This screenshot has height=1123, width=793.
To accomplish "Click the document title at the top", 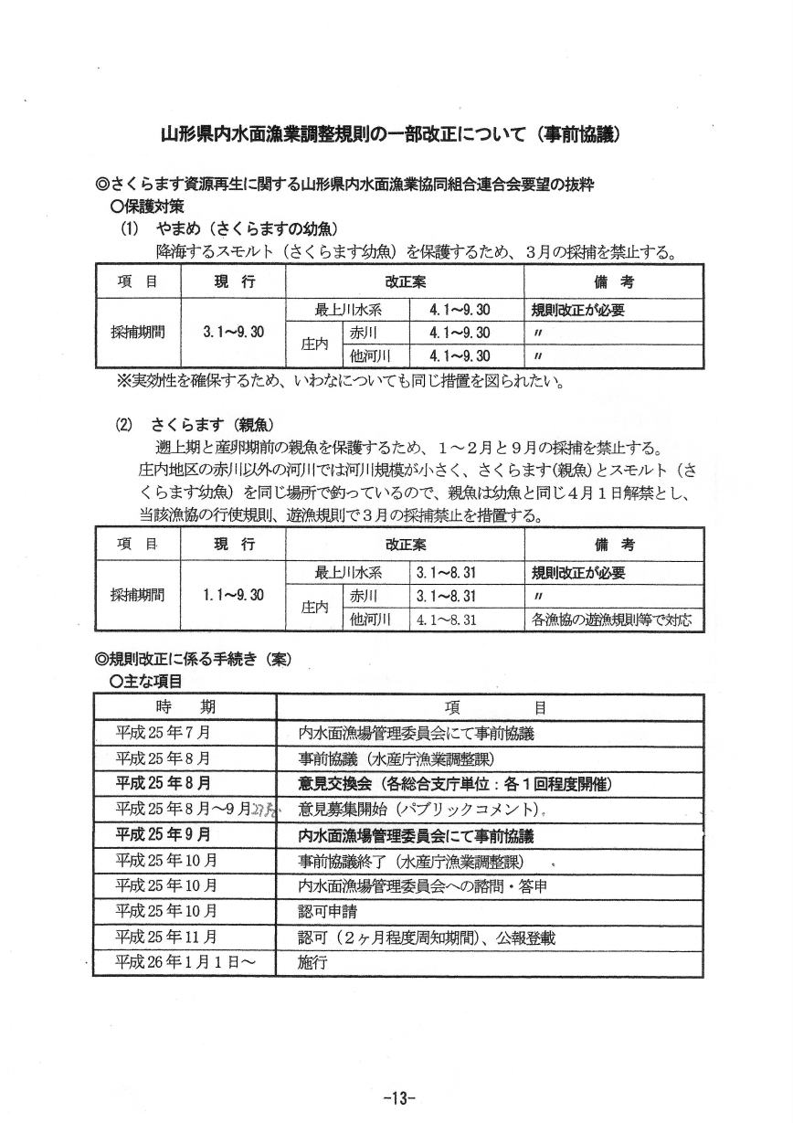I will pyautogui.click(x=391, y=134).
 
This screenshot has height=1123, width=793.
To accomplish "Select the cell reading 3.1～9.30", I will pyautogui.click(x=233, y=332).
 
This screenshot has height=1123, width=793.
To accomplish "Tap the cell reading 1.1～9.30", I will pyautogui.click(x=233, y=595).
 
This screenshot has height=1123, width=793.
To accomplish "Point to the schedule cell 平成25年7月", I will pyautogui.click(x=164, y=733).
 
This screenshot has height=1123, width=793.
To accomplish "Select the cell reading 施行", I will pyautogui.click(x=312, y=963).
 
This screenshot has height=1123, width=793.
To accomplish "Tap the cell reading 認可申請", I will pyautogui.click(x=324, y=911).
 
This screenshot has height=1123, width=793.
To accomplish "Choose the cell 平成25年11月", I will pyautogui.click(x=167, y=938).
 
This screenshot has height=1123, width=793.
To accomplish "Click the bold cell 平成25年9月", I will pyautogui.click(x=164, y=835).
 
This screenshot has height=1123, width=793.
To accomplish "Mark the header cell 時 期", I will pyautogui.click(x=185, y=707).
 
